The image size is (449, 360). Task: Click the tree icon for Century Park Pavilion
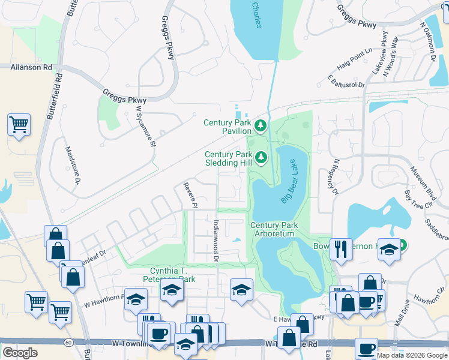pos(261,125)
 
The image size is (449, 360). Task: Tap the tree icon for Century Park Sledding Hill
pos(261,158)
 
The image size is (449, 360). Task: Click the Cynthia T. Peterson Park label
pos(164,275)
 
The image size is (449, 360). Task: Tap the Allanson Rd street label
pos(31,67)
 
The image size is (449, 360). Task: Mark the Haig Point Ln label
pos(356,55)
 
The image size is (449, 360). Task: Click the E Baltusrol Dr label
pos(346,81)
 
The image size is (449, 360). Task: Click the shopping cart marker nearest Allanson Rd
pos(19,125)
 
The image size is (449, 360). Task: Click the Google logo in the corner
pos(20,352)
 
